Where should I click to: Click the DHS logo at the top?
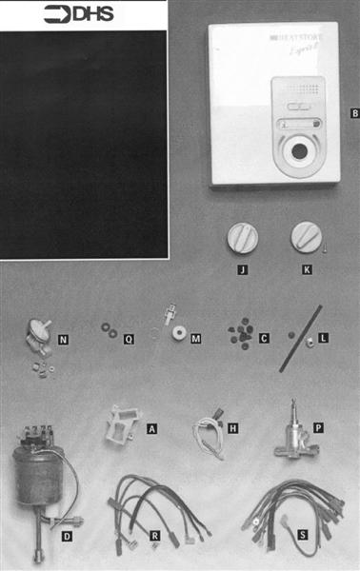tap(83, 14)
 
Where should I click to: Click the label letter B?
tap(354, 114)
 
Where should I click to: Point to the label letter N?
tap(63, 337)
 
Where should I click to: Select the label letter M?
tap(196, 338)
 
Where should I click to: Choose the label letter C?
tap(264, 338)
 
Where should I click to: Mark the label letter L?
tap(324, 338)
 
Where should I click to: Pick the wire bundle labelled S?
tap(286, 514)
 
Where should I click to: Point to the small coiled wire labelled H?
tap(207, 431)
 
